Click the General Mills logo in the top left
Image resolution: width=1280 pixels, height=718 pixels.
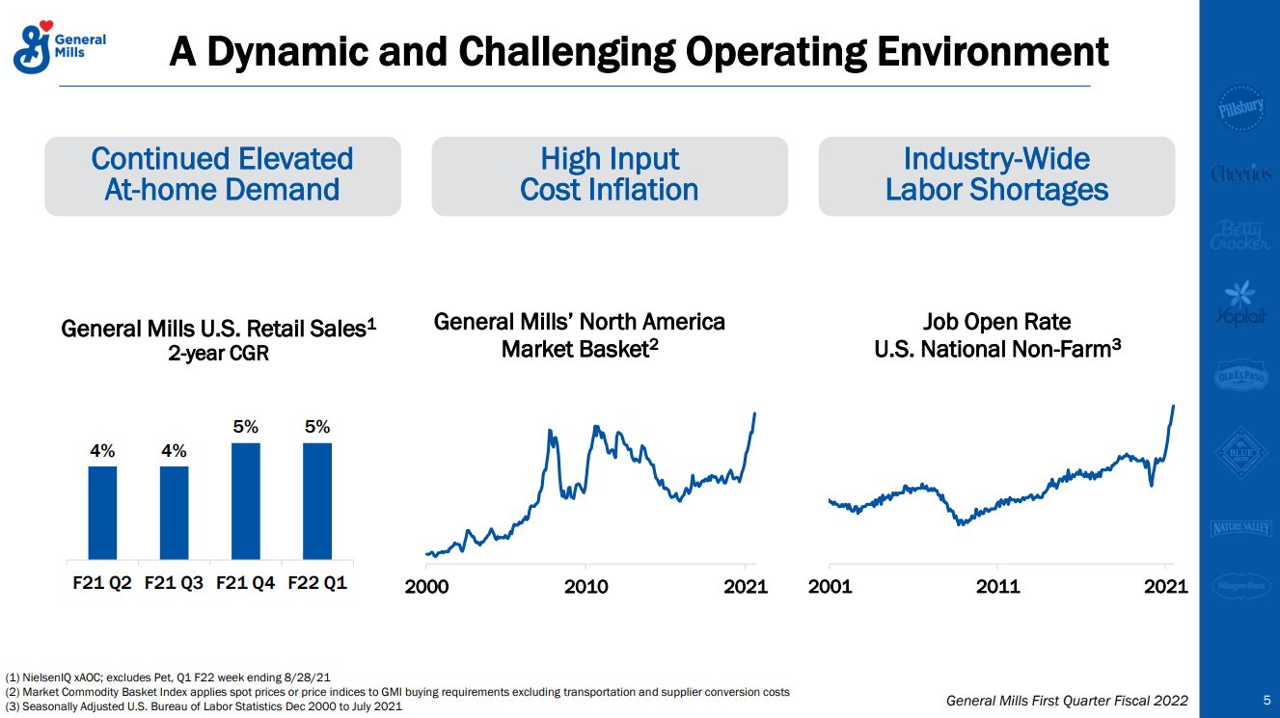[59, 46]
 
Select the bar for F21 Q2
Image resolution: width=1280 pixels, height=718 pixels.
[102, 513]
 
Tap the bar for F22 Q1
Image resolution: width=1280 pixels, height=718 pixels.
[317, 501]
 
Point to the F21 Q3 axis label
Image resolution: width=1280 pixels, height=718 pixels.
[174, 583]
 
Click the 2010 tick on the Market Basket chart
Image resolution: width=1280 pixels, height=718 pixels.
[586, 586]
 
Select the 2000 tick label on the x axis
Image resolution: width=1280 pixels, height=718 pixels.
[426, 586]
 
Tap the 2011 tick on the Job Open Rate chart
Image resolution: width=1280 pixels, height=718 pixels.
[997, 586]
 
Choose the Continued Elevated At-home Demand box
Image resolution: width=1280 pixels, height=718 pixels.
[223, 175]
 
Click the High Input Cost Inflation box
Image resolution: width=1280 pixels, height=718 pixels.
[610, 175]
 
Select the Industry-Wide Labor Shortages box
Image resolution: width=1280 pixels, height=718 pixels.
[996, 175]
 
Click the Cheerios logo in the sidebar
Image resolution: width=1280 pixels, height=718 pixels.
[1239, 174]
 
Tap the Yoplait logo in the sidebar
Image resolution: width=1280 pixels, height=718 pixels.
[1239, 305]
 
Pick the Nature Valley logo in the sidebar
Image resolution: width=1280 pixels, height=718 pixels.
[1239, 527]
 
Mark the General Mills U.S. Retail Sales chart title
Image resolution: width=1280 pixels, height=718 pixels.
[218, 329]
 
